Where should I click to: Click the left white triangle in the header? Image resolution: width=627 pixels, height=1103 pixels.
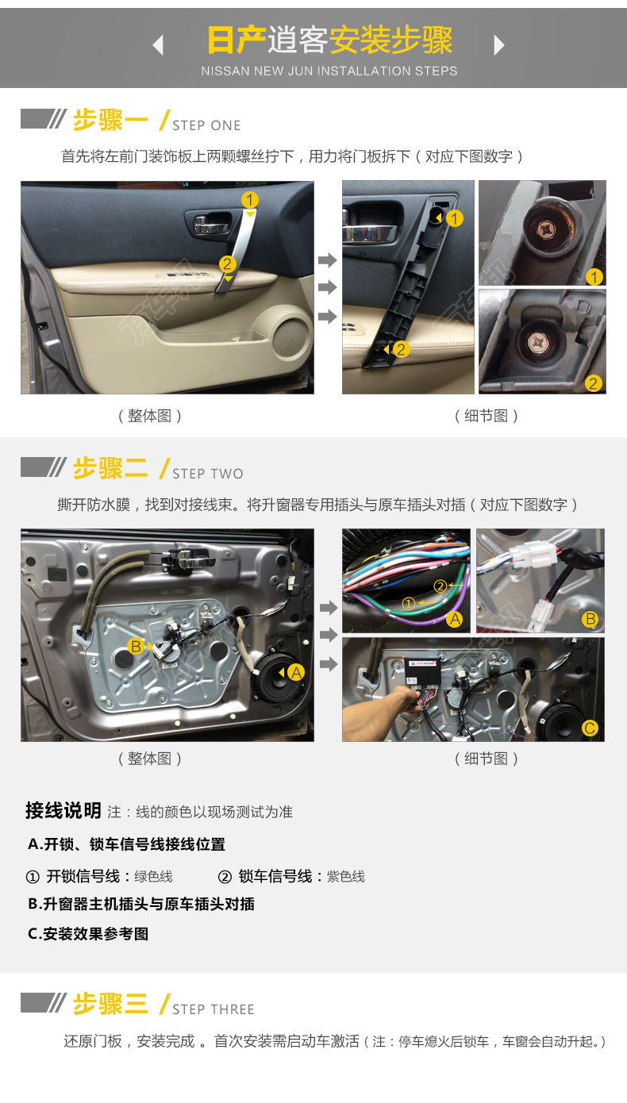[x=159, y=44]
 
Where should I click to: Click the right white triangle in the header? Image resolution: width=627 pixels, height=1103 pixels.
[x=499, y=44]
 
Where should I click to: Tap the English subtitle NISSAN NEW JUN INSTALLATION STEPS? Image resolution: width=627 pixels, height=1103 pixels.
[x=329, y=71]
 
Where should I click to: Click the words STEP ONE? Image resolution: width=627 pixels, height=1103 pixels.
[x=206, y=125]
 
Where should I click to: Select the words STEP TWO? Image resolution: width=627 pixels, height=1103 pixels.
[x=207, y=474]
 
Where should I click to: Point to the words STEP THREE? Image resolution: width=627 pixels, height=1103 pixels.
[x=213, y=1009]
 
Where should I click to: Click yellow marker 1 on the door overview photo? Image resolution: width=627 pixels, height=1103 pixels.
[x=250, y=200]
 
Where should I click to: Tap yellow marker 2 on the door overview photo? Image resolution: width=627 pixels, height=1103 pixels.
[x=227, y=264]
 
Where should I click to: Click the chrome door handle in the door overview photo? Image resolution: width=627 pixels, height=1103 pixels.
[x=212, y=224]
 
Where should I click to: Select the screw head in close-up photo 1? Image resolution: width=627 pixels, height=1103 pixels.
[x=546, y=229]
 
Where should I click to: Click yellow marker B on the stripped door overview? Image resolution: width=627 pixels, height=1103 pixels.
[x=137, y=646]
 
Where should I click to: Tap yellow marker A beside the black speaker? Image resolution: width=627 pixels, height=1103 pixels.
[x=296, y=672]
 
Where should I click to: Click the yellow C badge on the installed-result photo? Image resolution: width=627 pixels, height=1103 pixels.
[x=590, y=728]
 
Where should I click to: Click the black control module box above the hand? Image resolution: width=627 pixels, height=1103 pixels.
[x=422, y=671]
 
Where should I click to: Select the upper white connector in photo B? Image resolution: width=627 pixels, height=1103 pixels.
[x=534, y=553]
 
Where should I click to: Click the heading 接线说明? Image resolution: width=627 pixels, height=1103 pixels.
[x=63, y=810]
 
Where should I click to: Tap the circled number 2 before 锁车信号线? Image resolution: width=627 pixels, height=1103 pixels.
[x=225, y=877]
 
